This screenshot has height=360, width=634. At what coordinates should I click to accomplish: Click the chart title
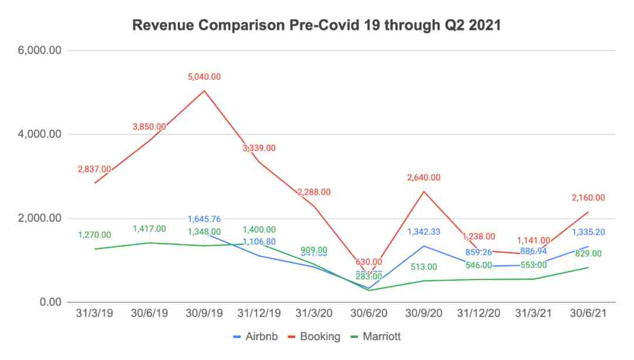pyautogui.click(x=316, y=25)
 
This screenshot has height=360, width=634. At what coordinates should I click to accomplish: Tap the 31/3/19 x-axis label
pyautogui.click(x=95, y=314)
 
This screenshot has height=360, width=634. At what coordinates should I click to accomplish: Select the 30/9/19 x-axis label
pyautogui.click(x=204, y=314)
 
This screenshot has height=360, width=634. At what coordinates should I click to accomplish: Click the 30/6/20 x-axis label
pyautogui.click(x=368, y=314)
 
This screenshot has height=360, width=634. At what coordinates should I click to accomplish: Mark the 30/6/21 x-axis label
pyautogui.click(x=588, y=314)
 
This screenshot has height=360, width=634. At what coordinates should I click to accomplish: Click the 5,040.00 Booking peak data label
pyautogui.click(x=204, y=77)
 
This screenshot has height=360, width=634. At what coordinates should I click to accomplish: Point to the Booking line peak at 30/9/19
pyautogui.click(x=204, y=90)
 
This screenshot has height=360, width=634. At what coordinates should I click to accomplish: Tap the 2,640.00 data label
pyautogui.click(x=423, y=178)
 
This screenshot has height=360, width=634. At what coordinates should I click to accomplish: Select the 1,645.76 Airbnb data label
pyautogui.click(x=204, y=220)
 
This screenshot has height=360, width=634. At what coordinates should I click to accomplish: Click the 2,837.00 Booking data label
pyautogui.click(x=95, y=169)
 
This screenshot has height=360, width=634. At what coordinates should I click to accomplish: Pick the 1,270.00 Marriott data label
pyautogui.click(x=95, y=235)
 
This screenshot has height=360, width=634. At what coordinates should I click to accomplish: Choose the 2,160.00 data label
pyautogui.click(x=588, y=198)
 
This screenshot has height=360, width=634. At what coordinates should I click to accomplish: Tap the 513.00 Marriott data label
pyautogui.click(x=423, y=267)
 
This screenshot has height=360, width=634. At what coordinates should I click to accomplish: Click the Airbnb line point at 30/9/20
pyautogui.click(x=423, y=245)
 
